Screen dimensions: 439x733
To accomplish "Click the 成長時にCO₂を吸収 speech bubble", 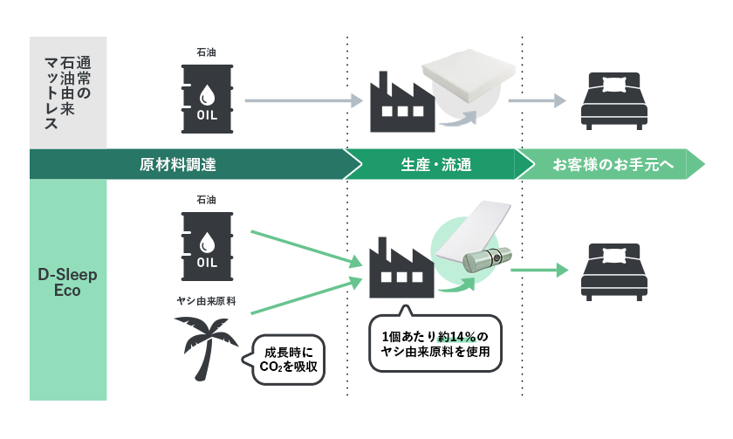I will point(289,361).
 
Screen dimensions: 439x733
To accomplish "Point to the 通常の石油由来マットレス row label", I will point(68,93).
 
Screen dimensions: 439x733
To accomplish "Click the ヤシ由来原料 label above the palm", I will point(207,301).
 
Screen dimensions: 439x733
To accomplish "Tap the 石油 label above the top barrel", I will point(206,52).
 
